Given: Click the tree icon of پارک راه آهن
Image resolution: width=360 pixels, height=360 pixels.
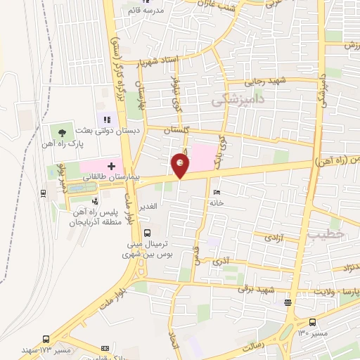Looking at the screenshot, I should click(x=63, y=132).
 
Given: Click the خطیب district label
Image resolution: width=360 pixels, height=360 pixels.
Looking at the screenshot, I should click(x=325, y=235).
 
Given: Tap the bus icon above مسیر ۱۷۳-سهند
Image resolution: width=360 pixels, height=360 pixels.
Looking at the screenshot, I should click(x=46, y=338).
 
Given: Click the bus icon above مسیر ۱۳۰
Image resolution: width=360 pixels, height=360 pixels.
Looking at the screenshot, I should click(x=288, y=303).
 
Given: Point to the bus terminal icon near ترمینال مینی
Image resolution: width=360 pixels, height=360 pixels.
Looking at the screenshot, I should click(x=147, y=233).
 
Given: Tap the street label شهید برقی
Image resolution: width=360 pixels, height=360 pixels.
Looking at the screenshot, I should click(x=255, y=288).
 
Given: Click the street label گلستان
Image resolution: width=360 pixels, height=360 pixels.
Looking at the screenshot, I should click(x=177, y=131).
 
